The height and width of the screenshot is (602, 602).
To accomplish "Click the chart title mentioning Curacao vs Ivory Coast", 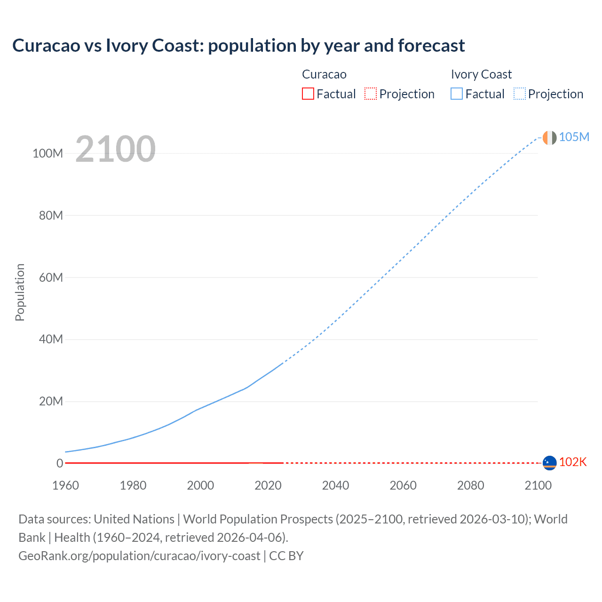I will coord(238,46).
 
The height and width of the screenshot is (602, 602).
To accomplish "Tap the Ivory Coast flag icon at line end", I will coord(549,137).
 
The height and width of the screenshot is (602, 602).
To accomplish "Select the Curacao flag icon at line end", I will coord(549,463).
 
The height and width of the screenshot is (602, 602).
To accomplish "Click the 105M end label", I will coord(574,137).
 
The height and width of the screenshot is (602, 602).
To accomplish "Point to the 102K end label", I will coord(572,462).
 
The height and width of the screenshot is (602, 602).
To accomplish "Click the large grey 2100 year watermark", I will coord(115,149).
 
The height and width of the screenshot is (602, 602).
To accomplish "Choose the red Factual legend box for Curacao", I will coord(308,94).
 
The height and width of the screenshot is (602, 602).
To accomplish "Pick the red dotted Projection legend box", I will coord(371,94).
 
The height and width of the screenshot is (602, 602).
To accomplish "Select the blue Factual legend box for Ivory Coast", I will coord(457,94).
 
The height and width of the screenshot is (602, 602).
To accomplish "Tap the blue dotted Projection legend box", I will coord(520,94).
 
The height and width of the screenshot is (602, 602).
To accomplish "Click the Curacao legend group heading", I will coord(324,74).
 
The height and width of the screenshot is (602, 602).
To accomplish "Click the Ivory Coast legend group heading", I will coord(481,74).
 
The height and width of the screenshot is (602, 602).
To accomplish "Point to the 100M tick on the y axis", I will coord(48,153).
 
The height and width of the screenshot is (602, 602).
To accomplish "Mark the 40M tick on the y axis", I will coord(50,339).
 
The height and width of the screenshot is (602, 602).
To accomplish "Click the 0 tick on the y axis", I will coord(60,463).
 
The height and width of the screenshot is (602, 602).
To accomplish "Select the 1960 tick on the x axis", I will coord(65,485).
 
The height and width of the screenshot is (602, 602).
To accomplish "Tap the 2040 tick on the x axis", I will coord(335,485).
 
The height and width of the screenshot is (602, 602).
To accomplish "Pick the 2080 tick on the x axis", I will coord(470,485).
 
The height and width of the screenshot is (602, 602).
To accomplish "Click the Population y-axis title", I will coord(20,292).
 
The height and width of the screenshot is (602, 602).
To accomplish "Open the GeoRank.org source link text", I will coord(139,556).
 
